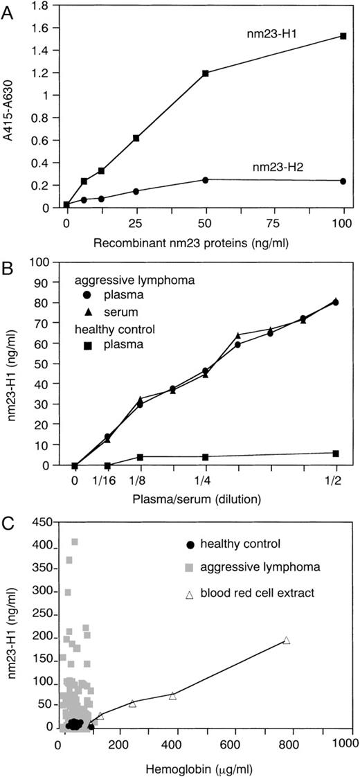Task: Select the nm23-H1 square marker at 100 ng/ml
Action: pos(343,36)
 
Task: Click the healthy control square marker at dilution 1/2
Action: pos(336,454)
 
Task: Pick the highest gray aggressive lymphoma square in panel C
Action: pos(75,542)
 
